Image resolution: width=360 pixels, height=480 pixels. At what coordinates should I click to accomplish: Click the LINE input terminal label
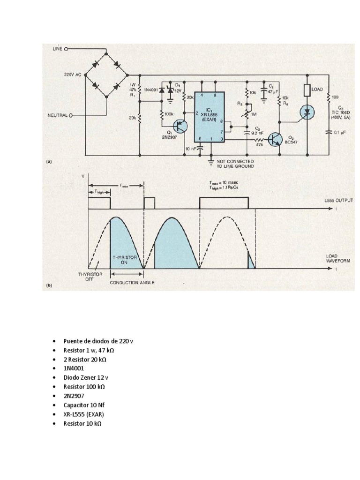coord(56,48)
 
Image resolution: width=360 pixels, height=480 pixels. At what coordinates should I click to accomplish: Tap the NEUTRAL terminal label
coord(59,114)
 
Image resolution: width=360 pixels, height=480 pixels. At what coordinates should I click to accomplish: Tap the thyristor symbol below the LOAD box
coord(307,112)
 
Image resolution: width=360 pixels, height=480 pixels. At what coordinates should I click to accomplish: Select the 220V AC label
coord(73,75)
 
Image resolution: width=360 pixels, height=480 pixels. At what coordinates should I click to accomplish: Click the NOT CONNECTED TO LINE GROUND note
coord(236,164)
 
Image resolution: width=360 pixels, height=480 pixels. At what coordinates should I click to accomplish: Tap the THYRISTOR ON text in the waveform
coord(123,261)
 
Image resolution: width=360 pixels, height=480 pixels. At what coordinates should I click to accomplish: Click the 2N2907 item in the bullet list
coord(74,396)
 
